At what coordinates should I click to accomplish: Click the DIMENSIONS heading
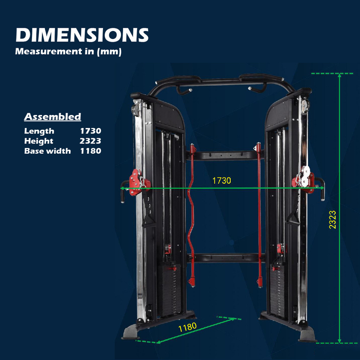pyautogui.click(x=82, y=35)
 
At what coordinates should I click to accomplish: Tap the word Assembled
pyautogui.click(x=53, y=117)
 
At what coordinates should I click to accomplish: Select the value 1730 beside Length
pyautogui.click(x=90, y=131)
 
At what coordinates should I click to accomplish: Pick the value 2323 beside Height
pyautogui.click(x=90, y=141)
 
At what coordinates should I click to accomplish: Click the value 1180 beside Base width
pyautogui.click(x=90, y=151)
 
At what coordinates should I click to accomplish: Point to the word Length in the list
pyautogui.click(x=39, y=131)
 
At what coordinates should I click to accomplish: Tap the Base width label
pyautogui.click(x=47, y=151)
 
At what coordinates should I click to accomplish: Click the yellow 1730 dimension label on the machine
pyautogui.click(x=221, y=181)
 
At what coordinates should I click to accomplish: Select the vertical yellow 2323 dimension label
pyautogui.click(x=332, y=220)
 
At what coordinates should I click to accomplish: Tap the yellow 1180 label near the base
pyautogui.click(x=187, y=327)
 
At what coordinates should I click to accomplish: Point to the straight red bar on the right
pyautogui.click(x=259, y=215)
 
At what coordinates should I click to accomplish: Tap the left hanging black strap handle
pyautogui.click(x=148, y=213)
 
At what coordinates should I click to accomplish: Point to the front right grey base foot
pyautogui.click(x=307, y=334)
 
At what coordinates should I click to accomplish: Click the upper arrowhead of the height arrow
pyautogui.click(x=340, y=76)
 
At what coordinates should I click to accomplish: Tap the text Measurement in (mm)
pyautogui.click(x=68, y=51)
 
